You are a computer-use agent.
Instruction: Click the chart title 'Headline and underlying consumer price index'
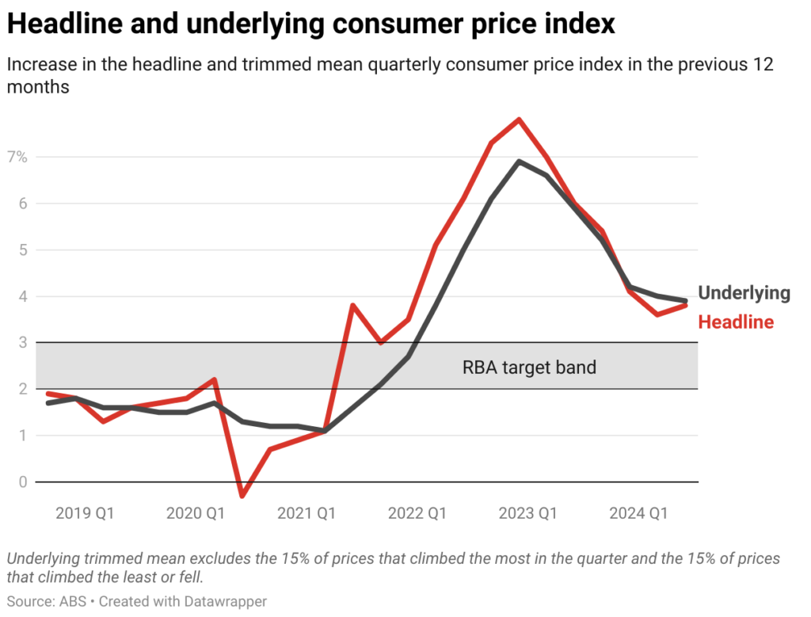tap(310, 24)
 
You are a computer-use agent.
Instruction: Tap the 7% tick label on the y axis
tap(18, 157)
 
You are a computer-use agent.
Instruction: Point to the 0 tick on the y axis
tap(22, 482)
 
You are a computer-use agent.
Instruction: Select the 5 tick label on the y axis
tap(22, 249)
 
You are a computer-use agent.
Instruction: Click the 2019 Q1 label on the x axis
tap(85, 513)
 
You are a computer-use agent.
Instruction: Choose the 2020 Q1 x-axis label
tap(196, 513)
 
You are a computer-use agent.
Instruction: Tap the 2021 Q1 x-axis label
tap(307, 513)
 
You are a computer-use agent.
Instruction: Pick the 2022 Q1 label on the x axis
tap(417, 513)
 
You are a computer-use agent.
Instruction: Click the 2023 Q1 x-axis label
tap(527, 513)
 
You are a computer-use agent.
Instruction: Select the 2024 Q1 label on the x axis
tap(638, 513)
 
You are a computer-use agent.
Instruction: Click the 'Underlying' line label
tap(744, 293)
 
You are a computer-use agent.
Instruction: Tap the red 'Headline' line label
tap(736, 322)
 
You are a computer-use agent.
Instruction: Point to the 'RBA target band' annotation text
tap(529, 368)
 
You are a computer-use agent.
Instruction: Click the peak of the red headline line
tap(519, 120)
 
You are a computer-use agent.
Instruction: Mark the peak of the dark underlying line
tap(519, 162)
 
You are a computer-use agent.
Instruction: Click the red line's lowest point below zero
tap(242, 496)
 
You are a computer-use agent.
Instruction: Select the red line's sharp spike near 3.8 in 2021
tap(352, 305)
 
